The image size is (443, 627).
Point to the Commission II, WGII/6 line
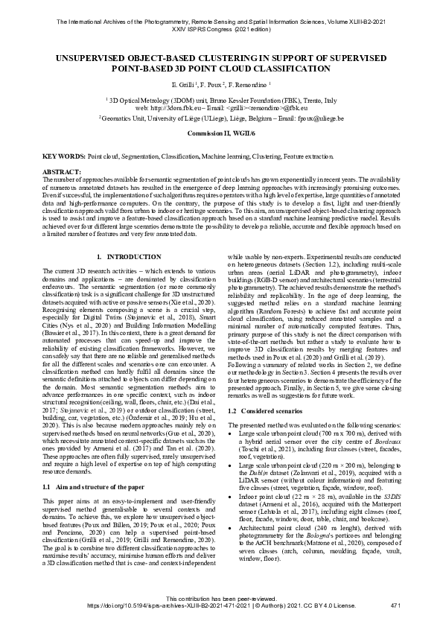coord(221,132)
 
